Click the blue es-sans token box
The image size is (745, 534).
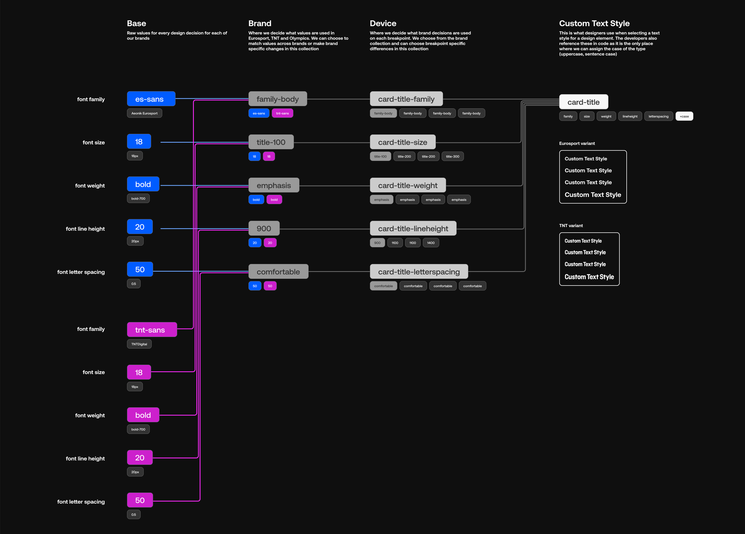coord(151,99)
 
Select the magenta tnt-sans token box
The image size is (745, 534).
coord(152,330)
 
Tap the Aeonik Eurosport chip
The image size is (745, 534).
coord(144,113)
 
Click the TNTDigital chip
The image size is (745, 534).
coord(139,344)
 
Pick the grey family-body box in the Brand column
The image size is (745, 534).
coord(277,99)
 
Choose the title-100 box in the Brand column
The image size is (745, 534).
coord(271,142)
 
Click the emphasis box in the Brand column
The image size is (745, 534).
coord(274,185)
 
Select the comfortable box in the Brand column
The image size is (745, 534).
coord(278,272)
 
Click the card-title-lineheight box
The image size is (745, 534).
coord(413,228)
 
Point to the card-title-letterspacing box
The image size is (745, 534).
coord(419,272)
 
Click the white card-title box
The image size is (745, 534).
coord(583,102)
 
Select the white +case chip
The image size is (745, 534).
coord(684,116)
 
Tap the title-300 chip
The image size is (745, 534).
coord(452,156)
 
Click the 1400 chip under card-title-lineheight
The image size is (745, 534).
coord(431,243)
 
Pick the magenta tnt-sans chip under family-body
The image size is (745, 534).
coord(282,113)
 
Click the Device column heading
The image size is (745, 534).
coord(383,23)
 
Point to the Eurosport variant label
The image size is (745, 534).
coord(577,143)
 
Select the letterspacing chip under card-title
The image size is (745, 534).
coord(658,116)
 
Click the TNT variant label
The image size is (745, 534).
coord(571,226)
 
